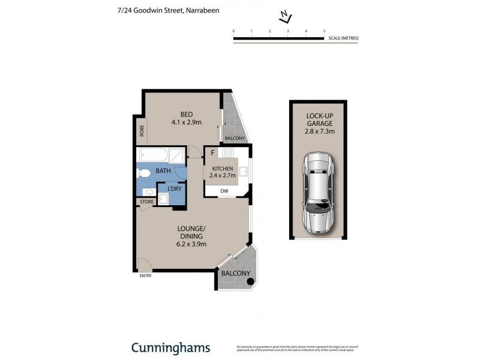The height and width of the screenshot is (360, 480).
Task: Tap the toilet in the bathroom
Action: [x=144, y=174]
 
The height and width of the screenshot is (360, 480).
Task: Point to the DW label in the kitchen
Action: [x=224, y=191]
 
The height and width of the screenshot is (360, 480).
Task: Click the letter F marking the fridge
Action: [x=212, y=152]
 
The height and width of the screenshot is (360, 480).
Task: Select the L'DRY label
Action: [x=175, y=190]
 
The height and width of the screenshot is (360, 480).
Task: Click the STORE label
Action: [x=146, y=202]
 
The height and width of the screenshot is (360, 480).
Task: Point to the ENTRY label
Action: [x=145, y=276]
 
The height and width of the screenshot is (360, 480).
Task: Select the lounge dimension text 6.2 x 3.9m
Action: [x=191, y=244]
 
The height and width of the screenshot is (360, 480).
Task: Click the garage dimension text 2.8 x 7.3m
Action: [x=320, y=131]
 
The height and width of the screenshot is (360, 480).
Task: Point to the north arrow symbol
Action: [x=284, y=16]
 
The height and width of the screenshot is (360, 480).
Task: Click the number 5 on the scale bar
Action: [x=324, y=30]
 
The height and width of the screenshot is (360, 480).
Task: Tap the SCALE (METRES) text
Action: [x=343, y=38]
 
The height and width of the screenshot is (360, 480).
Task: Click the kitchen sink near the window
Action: [x=244, y=172]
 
